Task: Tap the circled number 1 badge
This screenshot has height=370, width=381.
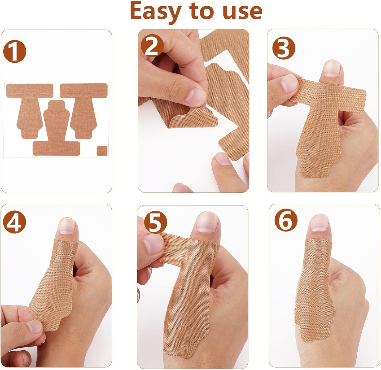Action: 14,51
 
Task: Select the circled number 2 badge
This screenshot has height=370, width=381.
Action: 152,45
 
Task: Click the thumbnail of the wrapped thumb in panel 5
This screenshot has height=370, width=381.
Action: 207,222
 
